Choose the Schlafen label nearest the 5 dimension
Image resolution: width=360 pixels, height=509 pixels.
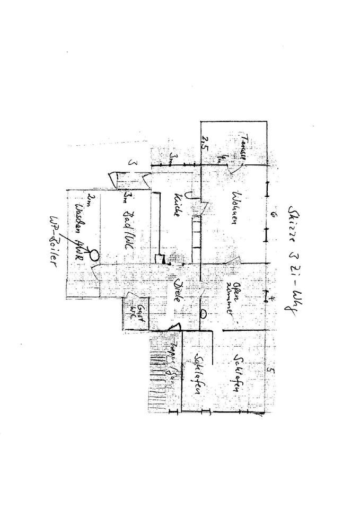[x=236, y=374]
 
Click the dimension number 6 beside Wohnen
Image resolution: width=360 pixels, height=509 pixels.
[x=271, y=214]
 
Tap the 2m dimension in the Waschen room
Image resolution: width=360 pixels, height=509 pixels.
[x=91, y=199]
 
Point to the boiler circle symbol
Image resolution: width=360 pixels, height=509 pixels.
[x=94, y=255]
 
